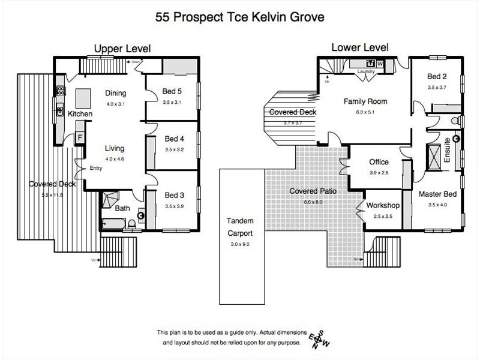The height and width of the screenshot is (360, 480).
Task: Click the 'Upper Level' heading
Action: click(x=121, y=48)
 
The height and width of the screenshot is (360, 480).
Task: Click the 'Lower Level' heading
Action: click(x=359, y=47)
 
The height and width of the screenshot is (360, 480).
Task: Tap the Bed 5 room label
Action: click(x=172, y=92)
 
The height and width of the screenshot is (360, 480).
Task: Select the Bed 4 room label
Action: click(x=174, y=139)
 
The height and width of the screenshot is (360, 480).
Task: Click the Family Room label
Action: click(x=365, y=101)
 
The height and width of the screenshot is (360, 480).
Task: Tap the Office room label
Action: click(x=379, y=162)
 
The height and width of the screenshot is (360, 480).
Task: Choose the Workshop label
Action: click(x=382, y=206)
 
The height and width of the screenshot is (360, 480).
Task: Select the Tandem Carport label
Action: click(x=240, y=226)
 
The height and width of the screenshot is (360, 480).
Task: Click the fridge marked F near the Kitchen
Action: click(x=80, y=137)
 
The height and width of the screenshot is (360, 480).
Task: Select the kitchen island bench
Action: click(x=82, y=96)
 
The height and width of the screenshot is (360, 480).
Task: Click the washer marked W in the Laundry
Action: click(x=380, y=64)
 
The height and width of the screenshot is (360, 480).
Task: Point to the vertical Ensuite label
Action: click(x=446, y=149)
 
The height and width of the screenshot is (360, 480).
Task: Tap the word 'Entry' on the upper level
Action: click(x=96, y=168)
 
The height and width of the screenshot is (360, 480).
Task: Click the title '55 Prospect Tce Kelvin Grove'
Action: click(x=239, y=17)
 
